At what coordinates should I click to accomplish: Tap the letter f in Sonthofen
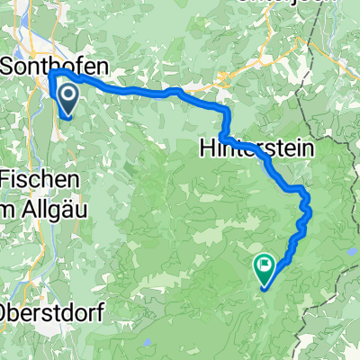click(76, 66)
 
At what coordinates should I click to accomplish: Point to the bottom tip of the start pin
click(68, 116)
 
